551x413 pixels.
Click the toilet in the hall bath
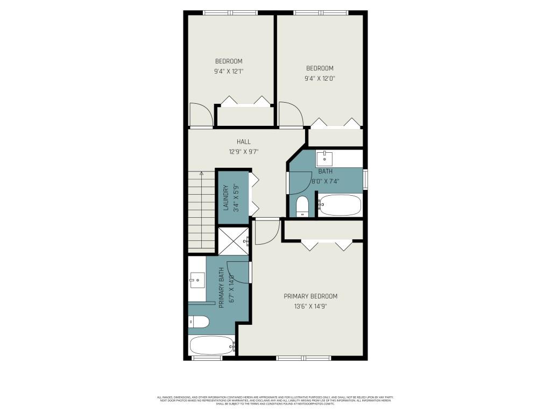pyautogui.click(x=302, y=206)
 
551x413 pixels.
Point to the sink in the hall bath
pyautogui.click(x=324, y=158)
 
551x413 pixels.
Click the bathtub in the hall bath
pyautogui.click(x=340, y=205)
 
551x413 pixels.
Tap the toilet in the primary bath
pyautogui.click(x=199, y=322)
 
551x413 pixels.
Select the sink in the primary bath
pyautogui.click(x=197, y=280)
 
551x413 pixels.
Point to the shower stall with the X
pyautogui.click(x=232, y=240)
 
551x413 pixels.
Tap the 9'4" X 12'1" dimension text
pyautogui.click(x=229, y=70)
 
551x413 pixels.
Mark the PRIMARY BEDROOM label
pyautogui.click(x=310, y=296)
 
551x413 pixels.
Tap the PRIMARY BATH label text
pyautogui.click(x=221, y=288)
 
